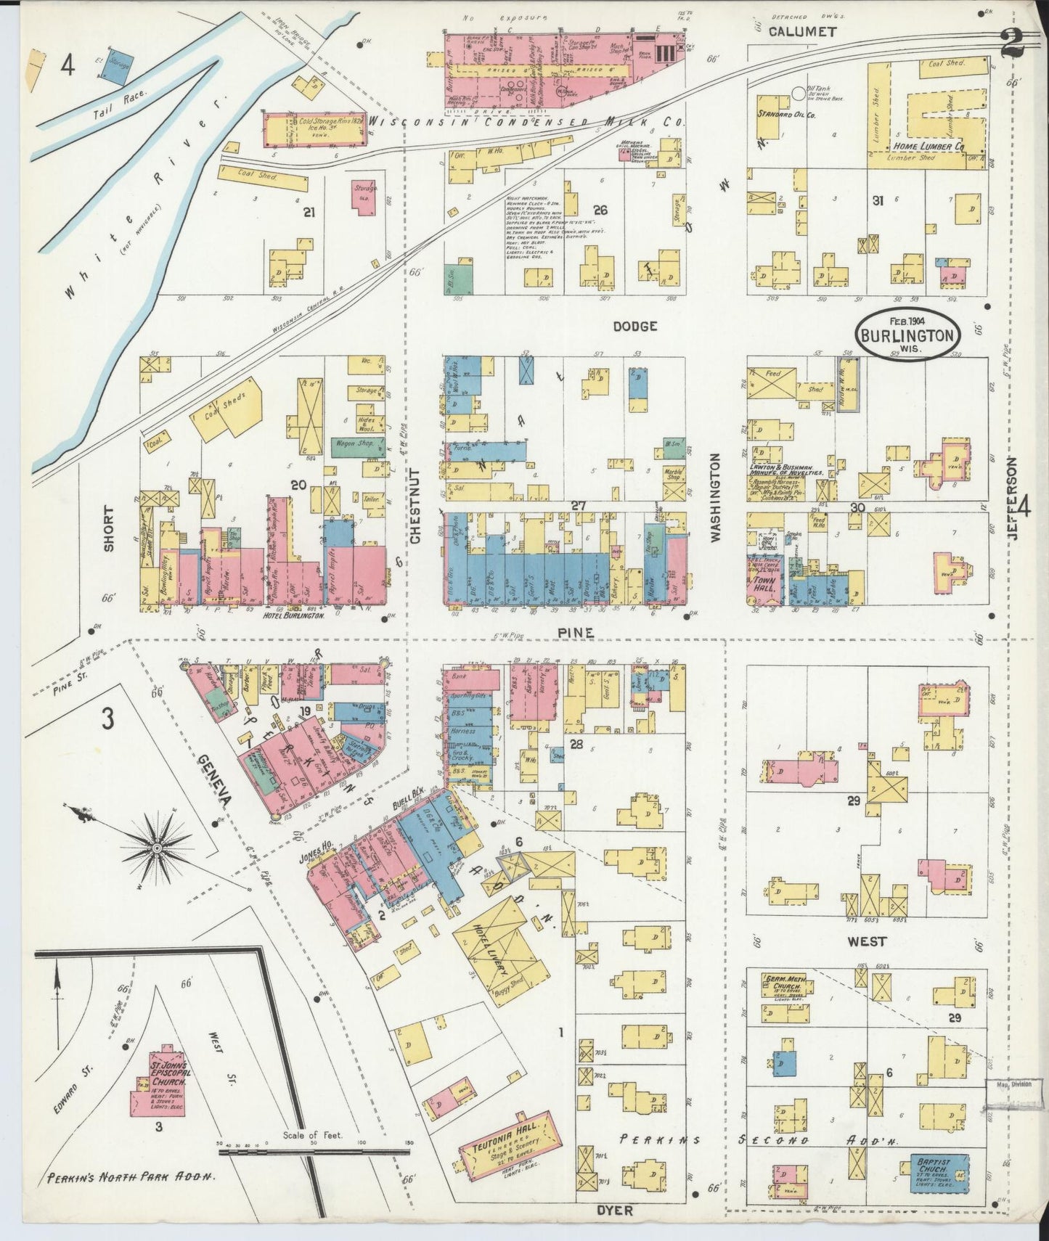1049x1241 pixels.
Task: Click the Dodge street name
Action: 634,327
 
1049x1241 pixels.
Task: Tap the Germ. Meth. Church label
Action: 786,985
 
